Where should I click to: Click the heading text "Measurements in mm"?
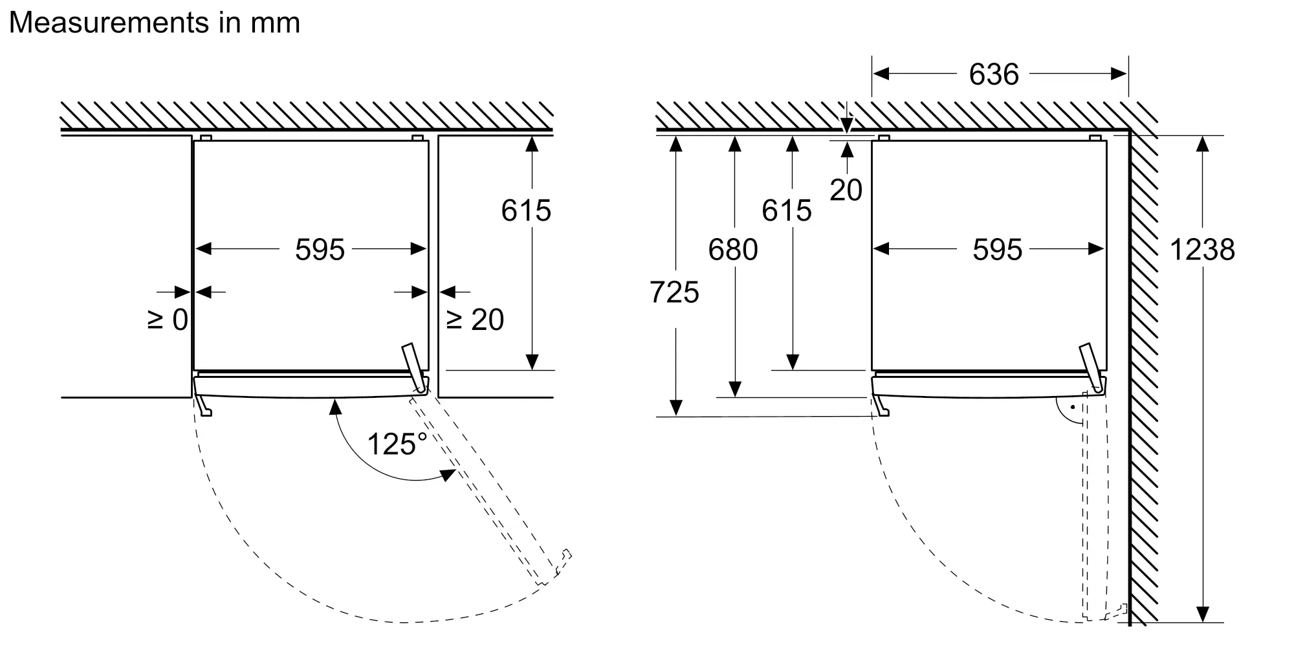click(x=155, y=23)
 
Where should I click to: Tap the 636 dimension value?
click(x=994, y=74)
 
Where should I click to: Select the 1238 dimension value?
click(x=1202, y=250)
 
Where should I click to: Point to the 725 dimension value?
click(x=674, y=292)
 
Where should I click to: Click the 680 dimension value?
click(x=733, y=250)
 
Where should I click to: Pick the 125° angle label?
click(x=397, y=444)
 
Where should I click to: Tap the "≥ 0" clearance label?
click(x=168, y=320)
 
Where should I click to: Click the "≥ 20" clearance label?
click(x=476, y=320)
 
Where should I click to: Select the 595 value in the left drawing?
click(x=320, y=250)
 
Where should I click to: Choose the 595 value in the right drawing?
click(x=998, y=250)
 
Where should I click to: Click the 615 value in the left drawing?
click(x=526, y=211)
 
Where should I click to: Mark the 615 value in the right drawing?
click(x=787, y=211)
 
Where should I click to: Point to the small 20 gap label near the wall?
click(x=846, y=190)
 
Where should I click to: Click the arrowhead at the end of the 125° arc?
click(x=448, y=475)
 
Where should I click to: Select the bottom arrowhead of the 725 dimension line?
click(x=675, y=408)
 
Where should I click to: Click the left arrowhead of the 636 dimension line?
click(x=881, y=74)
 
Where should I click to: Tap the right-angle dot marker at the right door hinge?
click(x=1072, y=408)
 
